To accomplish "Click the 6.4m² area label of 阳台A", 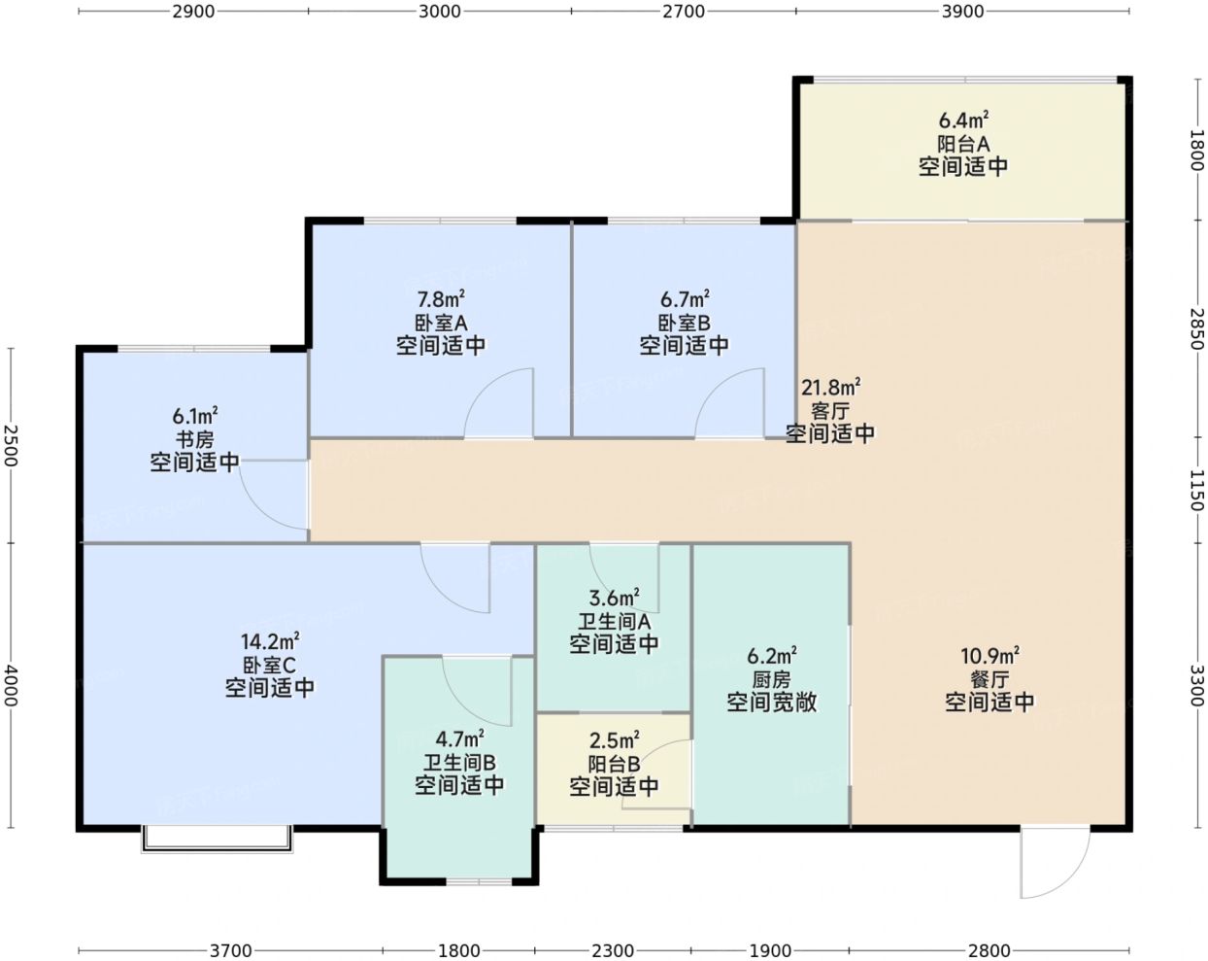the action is (963, 120).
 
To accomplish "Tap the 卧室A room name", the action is (441, 323).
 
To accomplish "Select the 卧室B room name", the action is (684, 323).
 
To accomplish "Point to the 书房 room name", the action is (195, 439).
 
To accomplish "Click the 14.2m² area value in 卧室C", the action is (269, 641).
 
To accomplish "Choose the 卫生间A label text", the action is (614, 621).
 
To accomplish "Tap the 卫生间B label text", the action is (459, 763).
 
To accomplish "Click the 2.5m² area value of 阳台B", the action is (614, 740).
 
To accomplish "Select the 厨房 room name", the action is (771, 679).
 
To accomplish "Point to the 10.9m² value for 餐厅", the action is (990, 656).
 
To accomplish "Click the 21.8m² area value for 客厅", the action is (830, 387).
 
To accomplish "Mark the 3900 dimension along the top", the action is (962, 12).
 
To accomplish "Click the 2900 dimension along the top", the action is (193, 12).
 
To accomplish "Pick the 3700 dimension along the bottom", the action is (231, 950).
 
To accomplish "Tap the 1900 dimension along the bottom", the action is (770, 950).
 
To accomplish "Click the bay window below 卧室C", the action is (217, 840).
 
